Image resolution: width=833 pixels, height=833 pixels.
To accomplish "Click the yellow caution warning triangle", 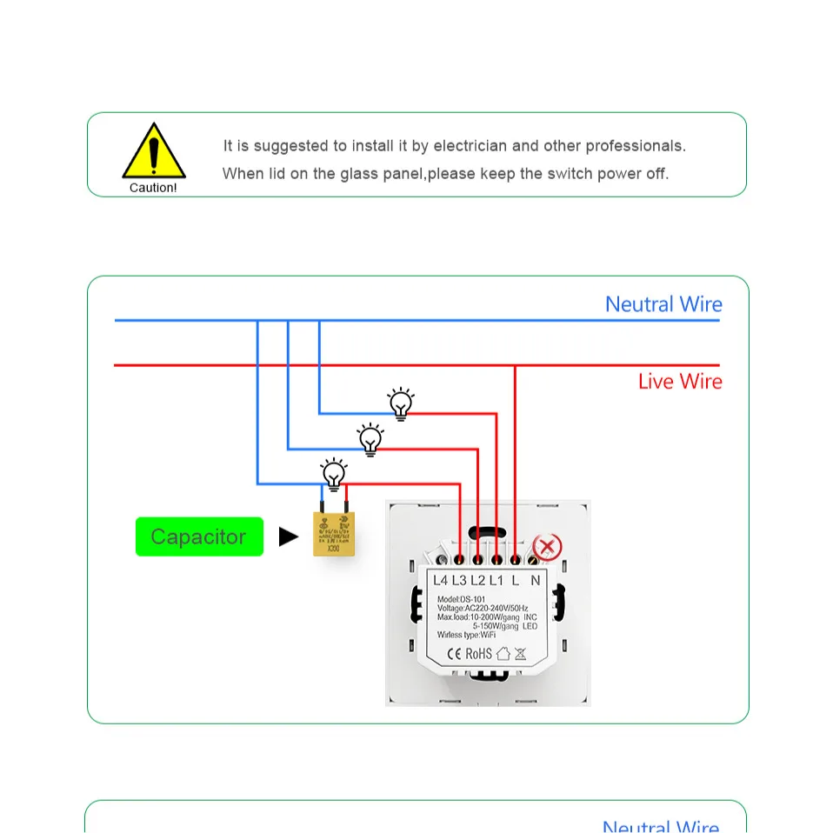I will (x=154, y=152).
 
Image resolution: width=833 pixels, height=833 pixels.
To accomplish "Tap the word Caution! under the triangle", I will (x=153, y=188).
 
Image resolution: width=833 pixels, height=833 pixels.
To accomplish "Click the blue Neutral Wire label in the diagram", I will (x=663, y=304).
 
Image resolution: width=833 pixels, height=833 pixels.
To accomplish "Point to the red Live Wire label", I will (x=680, y=381).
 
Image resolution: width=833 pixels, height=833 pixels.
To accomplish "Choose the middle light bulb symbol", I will (x=371, y=439).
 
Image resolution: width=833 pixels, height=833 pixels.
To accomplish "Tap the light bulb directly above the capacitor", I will (x=334, y=474).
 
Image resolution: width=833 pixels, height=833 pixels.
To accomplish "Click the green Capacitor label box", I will (x=199, y=536).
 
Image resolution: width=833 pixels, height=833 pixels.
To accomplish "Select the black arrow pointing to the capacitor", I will (x=289, y=537).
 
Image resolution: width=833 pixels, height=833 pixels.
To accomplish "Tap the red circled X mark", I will (x=547, y=548).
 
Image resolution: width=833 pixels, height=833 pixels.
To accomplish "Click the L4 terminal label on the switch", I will (x=440, y=580).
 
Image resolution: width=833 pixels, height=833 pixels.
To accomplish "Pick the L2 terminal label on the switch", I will (x=477, y=580).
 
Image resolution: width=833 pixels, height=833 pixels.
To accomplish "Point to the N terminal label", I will (x=536, y=580).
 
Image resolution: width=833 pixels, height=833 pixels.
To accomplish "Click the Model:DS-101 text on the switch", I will (x=461, y=599).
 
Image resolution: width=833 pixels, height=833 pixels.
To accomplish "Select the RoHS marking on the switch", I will (x=479, y=653).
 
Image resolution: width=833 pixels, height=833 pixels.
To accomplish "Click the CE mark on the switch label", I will (x=454, y=653).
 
